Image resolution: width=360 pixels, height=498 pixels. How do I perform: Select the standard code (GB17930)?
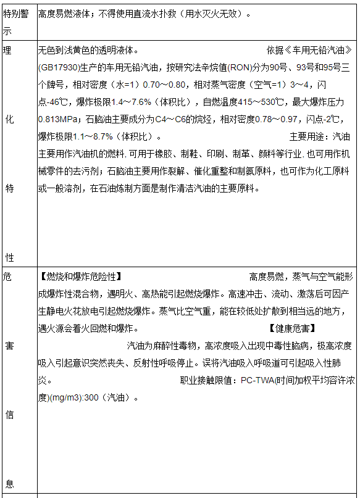click(x=59, y=67)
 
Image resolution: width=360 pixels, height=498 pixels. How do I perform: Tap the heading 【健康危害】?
click(x=293, y=328)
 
